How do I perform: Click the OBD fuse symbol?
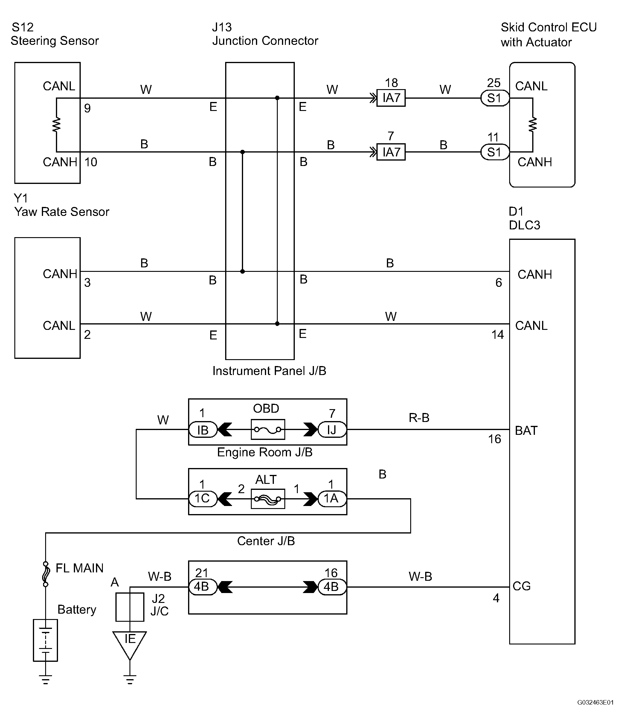click(x=268, y=429)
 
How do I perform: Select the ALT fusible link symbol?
click(x=268, y=499)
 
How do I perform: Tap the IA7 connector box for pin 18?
click(x=391, y=98)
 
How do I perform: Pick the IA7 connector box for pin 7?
click(x=391, y=152)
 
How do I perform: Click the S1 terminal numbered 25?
click(x=495, y=98)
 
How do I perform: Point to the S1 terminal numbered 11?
click(x=495, y=152)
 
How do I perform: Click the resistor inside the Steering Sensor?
click(x=56, y=125)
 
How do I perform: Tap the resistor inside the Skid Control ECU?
click(x=533, y=125)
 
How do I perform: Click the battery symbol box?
click(x=45, y=640)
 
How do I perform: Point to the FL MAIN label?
click(x=80, y=568)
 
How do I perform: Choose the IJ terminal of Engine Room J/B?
click(x=332, y=429)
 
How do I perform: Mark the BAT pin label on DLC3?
click(x=526, y=431)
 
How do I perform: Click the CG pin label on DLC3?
click(x=521, y=586)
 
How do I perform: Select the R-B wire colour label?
click(x=419, y=417)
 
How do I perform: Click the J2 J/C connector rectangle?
click(x=130, y=607)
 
